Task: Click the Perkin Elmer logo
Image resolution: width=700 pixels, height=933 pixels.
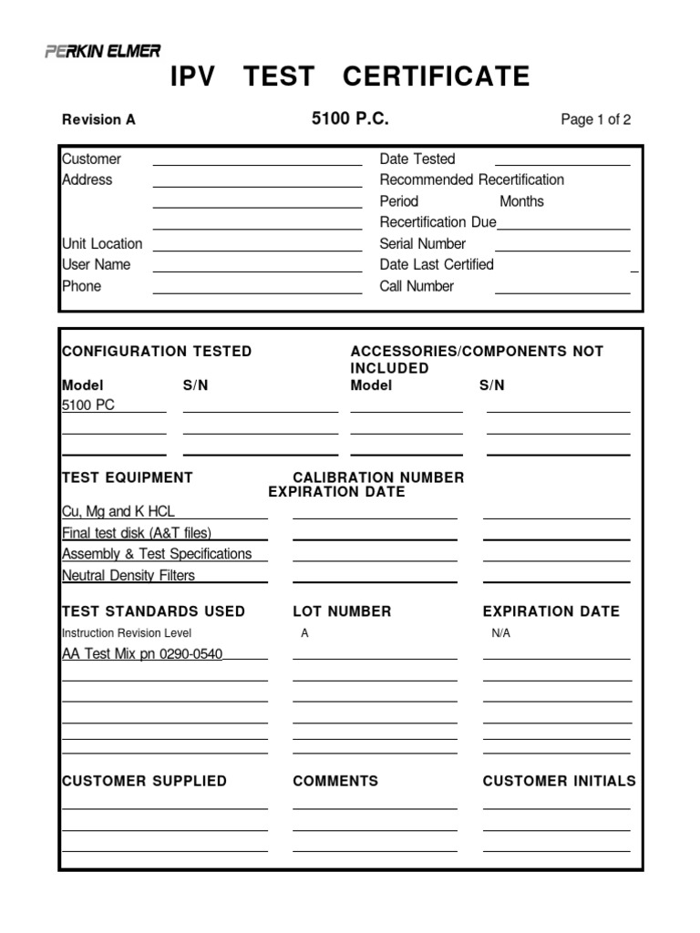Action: tap(102, 52)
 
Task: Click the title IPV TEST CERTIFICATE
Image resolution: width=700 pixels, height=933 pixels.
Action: tap(350, 77)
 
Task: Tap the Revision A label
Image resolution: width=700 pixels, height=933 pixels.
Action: tap(98, 119)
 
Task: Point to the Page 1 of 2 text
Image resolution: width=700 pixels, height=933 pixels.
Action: tap(596, 119)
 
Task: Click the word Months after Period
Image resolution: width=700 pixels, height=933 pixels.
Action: tap(521, 201)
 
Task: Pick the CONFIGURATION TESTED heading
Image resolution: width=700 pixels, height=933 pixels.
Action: tap(157, 352)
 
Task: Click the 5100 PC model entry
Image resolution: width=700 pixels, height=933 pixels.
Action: tap(88, 405)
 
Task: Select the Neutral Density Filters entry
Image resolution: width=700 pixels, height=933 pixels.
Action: tap(129, 576)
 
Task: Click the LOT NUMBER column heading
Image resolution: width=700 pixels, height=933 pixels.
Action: tap(342, 611)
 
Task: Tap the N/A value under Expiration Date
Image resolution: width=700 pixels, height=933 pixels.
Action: tap(500, 633)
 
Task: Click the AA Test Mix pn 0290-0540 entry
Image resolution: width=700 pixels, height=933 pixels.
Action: tap(142, 653)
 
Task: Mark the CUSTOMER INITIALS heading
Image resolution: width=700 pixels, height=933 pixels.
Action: tap(559, 781)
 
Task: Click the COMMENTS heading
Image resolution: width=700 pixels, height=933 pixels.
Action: tap(335, 781)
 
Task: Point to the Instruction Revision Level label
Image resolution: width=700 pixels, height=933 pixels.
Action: tap(127, 633)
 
